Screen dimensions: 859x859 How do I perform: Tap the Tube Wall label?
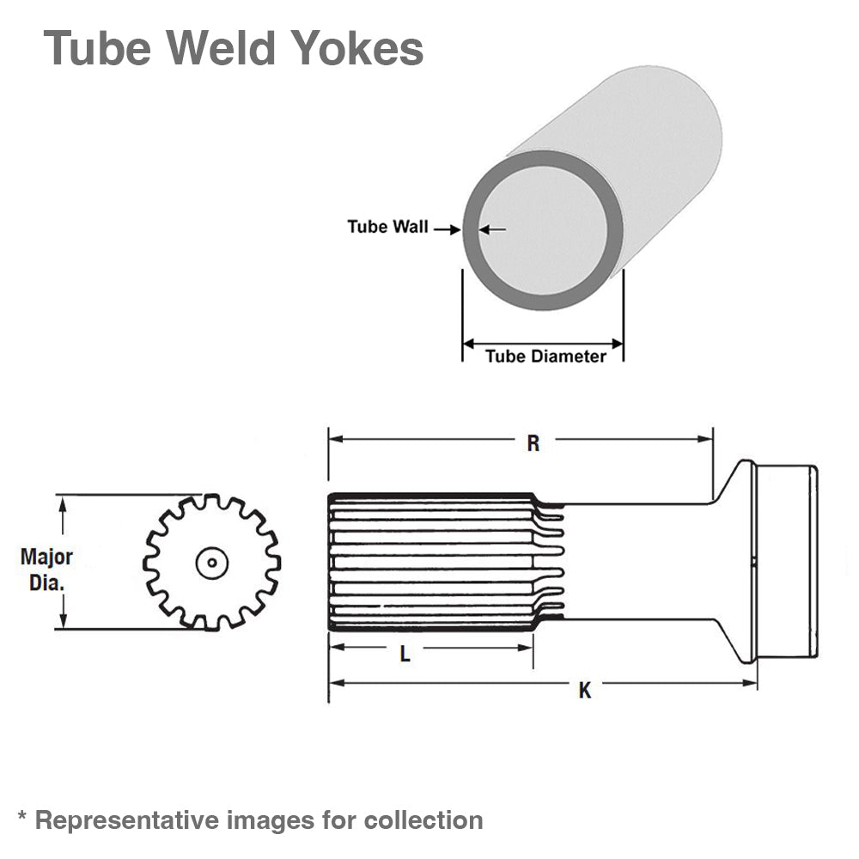coord(387,227)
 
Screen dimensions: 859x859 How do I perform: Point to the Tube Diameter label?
coord(545,356)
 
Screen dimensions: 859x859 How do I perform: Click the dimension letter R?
coord(533,443)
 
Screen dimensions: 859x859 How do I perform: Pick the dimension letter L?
coord(405,655)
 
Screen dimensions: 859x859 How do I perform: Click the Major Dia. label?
coord(46,570)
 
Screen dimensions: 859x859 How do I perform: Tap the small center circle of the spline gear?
coord(210,564)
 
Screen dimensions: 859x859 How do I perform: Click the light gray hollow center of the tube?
coord(542,229)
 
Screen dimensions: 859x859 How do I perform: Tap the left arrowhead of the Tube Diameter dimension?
coord(469,344)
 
